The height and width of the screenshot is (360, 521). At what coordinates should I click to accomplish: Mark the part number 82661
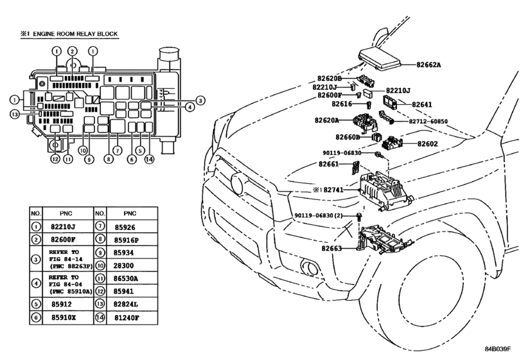coord(329,165)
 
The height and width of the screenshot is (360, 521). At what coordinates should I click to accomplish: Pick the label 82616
coord(342,104)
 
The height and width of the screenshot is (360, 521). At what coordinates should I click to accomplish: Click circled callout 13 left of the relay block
coord(14,114)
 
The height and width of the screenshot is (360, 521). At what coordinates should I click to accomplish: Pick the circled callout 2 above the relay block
coord(73,51)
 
